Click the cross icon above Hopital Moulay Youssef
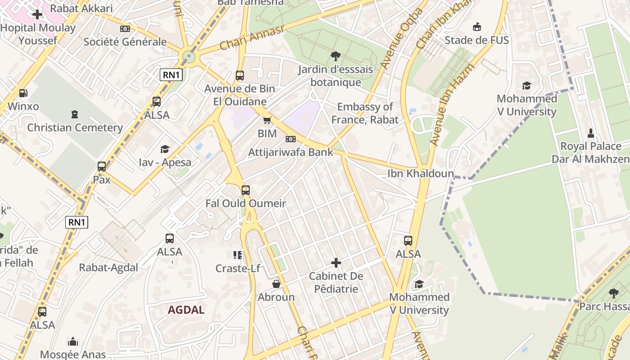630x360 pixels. (37, 14)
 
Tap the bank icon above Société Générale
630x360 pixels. (125, 29)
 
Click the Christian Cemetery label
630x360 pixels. (75, 127)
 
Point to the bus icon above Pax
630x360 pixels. (102, 166)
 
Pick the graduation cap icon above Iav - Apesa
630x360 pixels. (165, 149)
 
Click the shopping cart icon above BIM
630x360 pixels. (267, 120)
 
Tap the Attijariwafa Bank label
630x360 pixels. (291, 152)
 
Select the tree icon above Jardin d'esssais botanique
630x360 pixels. (335, 56)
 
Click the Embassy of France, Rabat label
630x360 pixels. (365, 113)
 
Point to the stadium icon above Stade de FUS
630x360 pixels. (477, 27)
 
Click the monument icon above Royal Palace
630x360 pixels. (591, 133)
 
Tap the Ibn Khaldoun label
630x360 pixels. (421, 173)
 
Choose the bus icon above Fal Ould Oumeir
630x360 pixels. (246, 190)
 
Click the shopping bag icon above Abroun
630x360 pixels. (276, 284)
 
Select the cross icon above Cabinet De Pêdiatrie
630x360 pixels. (336, 263)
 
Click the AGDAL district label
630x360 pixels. (186, 310)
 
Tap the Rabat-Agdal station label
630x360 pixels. (108, 267)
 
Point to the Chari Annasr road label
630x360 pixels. (252, 38)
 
